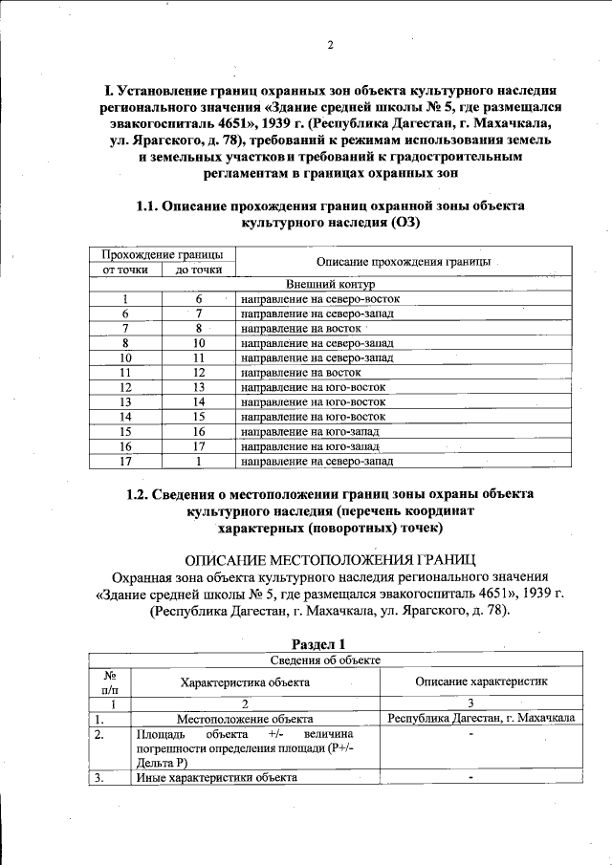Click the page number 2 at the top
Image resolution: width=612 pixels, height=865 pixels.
[329, 45]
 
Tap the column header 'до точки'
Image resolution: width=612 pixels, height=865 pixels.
[199, 270]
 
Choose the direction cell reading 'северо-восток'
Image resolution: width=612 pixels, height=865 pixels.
[319, 299]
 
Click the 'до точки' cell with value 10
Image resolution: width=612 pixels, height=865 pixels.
[199, 342]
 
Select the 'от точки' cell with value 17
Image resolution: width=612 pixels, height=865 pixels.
[125, 462]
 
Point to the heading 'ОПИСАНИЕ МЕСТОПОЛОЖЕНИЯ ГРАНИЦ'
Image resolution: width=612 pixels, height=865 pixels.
[330, 558]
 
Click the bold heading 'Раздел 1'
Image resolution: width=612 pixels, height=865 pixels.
[330, 643]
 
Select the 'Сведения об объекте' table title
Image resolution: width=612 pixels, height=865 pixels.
[332, 660]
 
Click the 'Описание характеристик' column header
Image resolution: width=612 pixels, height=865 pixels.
[480, 681]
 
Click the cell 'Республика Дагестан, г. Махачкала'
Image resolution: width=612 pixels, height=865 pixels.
[480, 717]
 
